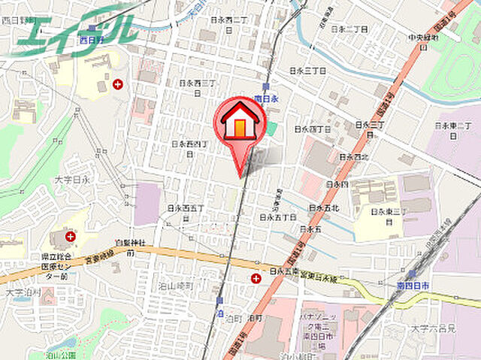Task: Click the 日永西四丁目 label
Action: tap(188, 147)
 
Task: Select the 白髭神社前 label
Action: tap(129, 247)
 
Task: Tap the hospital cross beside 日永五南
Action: tap(256, 279)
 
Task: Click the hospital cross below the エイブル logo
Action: tap(118, 84)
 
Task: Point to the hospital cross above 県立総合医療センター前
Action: tap(70, 236)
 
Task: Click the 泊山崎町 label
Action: tap(176, 286)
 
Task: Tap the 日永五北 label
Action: tap(324, 208)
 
